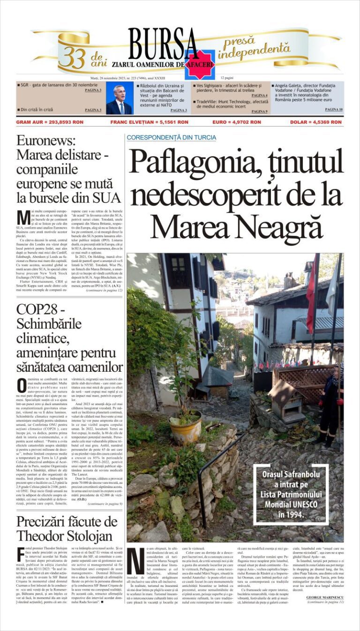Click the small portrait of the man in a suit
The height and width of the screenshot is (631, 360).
119,99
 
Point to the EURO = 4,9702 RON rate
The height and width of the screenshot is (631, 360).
236,122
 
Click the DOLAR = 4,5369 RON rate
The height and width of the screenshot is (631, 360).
315,122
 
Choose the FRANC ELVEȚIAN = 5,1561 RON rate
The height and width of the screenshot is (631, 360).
149,122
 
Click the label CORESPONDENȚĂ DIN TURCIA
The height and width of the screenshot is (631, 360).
171,137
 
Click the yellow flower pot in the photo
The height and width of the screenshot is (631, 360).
187,428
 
